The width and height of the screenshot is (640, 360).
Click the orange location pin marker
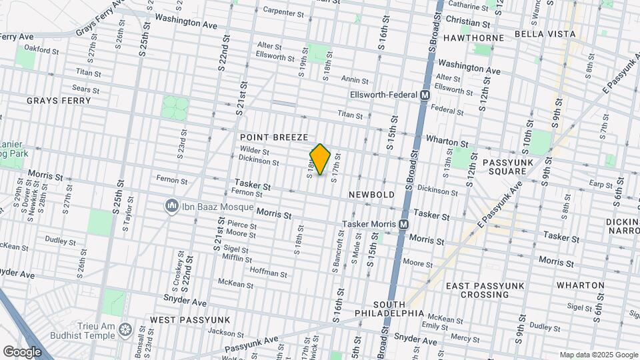(321, 159)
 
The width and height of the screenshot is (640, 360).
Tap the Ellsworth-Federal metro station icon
(424, 95)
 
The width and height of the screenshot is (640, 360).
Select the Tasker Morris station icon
(403, 225)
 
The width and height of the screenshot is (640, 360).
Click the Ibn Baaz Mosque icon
(172, 206)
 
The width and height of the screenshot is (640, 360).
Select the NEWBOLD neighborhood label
(372, 194)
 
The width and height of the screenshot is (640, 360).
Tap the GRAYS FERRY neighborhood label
(58, 101)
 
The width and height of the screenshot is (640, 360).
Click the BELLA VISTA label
(542, 33)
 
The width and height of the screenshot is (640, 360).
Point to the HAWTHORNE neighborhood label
(473, 38)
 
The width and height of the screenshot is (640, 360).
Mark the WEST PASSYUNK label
(190, 320)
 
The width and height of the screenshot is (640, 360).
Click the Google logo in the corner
(23, 351)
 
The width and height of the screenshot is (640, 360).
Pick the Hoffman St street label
(268, 273)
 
